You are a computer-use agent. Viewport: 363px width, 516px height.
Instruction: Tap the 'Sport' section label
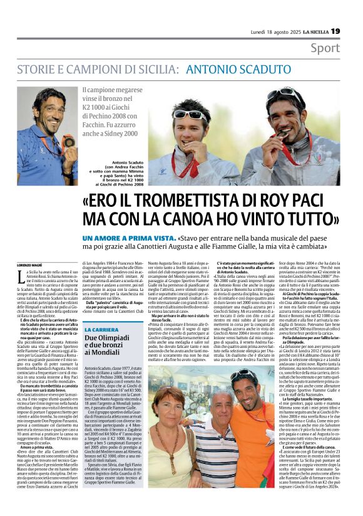[325, 48]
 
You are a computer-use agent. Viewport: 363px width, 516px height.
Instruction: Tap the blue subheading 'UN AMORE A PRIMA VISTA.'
[128, 240]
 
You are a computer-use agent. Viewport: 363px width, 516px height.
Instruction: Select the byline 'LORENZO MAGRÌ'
[29, 265]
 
